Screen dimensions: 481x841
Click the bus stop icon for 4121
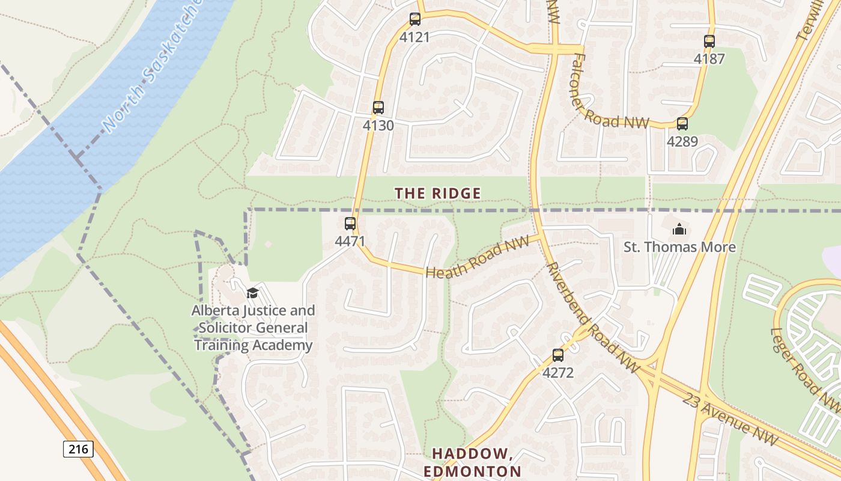(x=414, y=19)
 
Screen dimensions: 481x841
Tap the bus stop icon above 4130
(x=378, y=108)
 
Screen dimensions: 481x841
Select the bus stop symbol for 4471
(x=350, y=224)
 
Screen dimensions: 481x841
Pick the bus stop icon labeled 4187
(x=709, y=41)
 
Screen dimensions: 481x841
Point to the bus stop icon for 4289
(x=682, y=124)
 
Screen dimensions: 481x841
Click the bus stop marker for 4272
(x=558, y=355)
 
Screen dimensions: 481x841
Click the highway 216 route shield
(x=78, y=449)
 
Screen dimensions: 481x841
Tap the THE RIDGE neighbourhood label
(x=438, y=193)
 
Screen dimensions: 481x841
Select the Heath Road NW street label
(x=477, y=257)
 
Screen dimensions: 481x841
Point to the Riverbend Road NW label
(x=592, y=316)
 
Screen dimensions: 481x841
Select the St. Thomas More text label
(x=679, y=247)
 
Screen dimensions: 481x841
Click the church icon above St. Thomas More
(x=679, y=229)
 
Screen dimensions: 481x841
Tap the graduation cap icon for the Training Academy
(x=252, y=293)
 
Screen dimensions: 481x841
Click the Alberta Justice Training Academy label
(x=253, y=328)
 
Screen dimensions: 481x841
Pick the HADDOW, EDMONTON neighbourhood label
(x=472, y=462)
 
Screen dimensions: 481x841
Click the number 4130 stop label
(x=378, y=125)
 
